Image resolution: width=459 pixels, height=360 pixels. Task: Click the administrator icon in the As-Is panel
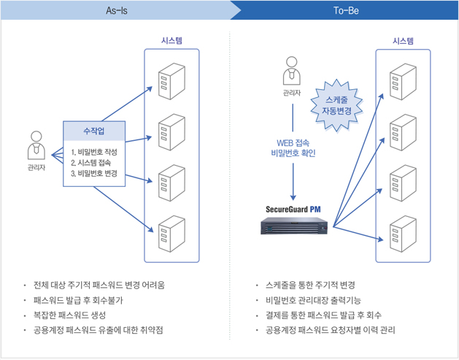[36, 145]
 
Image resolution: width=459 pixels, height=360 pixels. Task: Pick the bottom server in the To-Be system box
[402, 233]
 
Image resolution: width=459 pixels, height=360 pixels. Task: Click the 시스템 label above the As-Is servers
[172, 41]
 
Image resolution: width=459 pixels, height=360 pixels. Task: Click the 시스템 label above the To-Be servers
[403, 41]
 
